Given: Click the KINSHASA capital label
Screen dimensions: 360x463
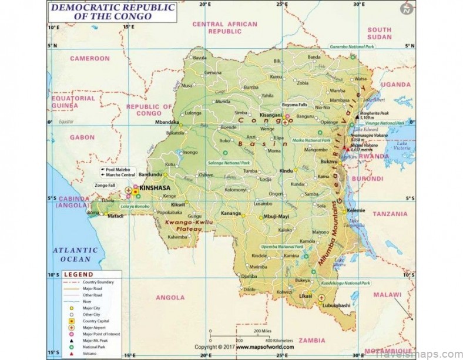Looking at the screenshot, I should pyautogui.click(x=155, y=188).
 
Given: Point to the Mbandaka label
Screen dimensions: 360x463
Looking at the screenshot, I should pyautogui.click(x=166, y=122).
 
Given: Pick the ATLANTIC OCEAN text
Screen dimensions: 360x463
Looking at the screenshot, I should pyautogui.click(x=72, y=254).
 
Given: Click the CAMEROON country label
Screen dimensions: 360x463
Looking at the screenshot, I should pyautogui.click(x=90, y=59).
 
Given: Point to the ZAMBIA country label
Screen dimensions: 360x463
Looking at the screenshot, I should pyautogui.click(x=313, y=339).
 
